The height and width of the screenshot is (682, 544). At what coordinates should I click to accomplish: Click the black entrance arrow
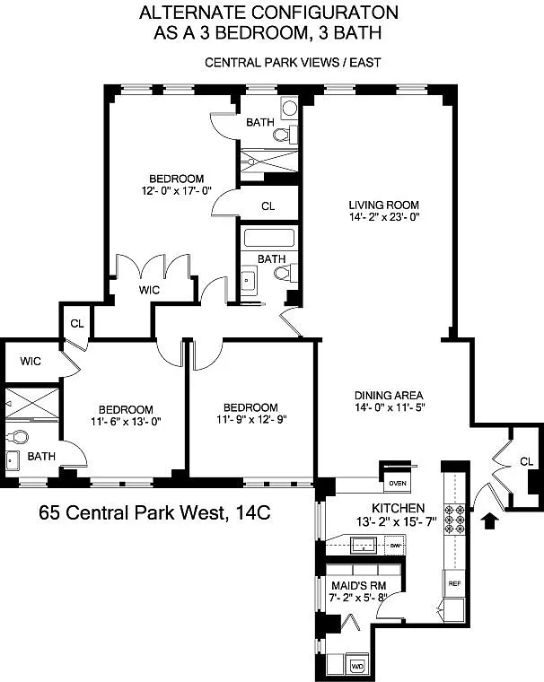[x=490, y=520]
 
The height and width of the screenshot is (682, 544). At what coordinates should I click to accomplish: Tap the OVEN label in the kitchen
[x=398, y=483]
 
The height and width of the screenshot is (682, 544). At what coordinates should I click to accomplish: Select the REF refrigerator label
[x=454, y=583]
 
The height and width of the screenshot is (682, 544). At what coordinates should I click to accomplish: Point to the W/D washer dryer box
[x=358, y=666]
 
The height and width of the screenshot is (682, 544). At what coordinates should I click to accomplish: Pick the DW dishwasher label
[x=395, y=545]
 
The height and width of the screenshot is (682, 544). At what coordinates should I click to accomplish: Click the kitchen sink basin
[x=363, y=545]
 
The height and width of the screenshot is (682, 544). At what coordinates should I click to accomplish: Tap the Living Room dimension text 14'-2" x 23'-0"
[x=384, y=216]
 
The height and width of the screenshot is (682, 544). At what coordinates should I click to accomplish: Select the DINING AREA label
[x=389, y=396]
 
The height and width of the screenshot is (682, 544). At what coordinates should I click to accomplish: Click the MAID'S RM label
[x=358, y=585]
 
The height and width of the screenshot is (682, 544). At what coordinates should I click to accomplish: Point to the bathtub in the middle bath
[x=269, y=238]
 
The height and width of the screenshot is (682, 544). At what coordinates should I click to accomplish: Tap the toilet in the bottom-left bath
[x=17, y=436]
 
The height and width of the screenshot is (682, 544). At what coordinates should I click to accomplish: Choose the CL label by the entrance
[x=526, y=461]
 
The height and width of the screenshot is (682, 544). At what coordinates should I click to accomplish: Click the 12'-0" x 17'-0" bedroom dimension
[x=176, y=190]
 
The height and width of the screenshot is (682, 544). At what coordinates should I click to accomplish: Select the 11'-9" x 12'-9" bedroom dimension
[x=251, y=419]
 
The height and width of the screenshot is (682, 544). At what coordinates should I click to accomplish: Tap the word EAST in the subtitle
[x=365, y=63]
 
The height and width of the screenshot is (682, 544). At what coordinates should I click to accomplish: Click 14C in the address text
[x=253, y=512]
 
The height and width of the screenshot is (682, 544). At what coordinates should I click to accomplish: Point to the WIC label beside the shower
[x=31, y=361]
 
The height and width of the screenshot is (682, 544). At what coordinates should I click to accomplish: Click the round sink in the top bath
[x=289, y=108]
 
